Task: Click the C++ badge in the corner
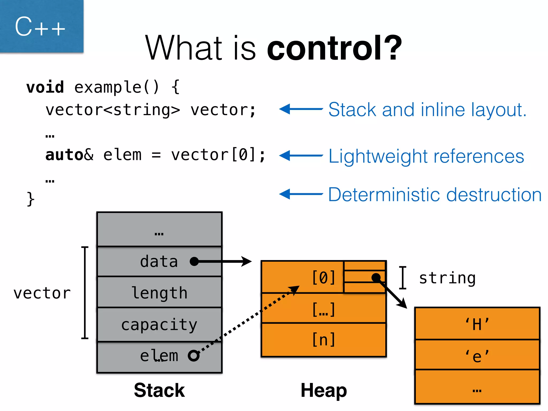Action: coord(40,26)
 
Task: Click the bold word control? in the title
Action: coord(334,48)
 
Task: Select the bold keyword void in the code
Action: coord(45,87)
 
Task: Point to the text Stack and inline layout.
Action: coord(427,110)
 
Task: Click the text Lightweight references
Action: coord(426,156)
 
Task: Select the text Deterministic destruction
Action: coord(435,195)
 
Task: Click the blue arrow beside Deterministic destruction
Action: coord(301,194)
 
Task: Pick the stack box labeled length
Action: coord(159,292)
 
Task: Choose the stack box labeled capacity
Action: coord(159,325)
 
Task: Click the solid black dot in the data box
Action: coord(194,261)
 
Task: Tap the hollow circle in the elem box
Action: coord(194,356)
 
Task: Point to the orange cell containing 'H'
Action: coord(477,324)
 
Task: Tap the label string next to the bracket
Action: coord(447,278)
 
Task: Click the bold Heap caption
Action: coord(324,390)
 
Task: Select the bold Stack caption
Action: coord(159,390)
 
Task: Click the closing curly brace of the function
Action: coord(31,199)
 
